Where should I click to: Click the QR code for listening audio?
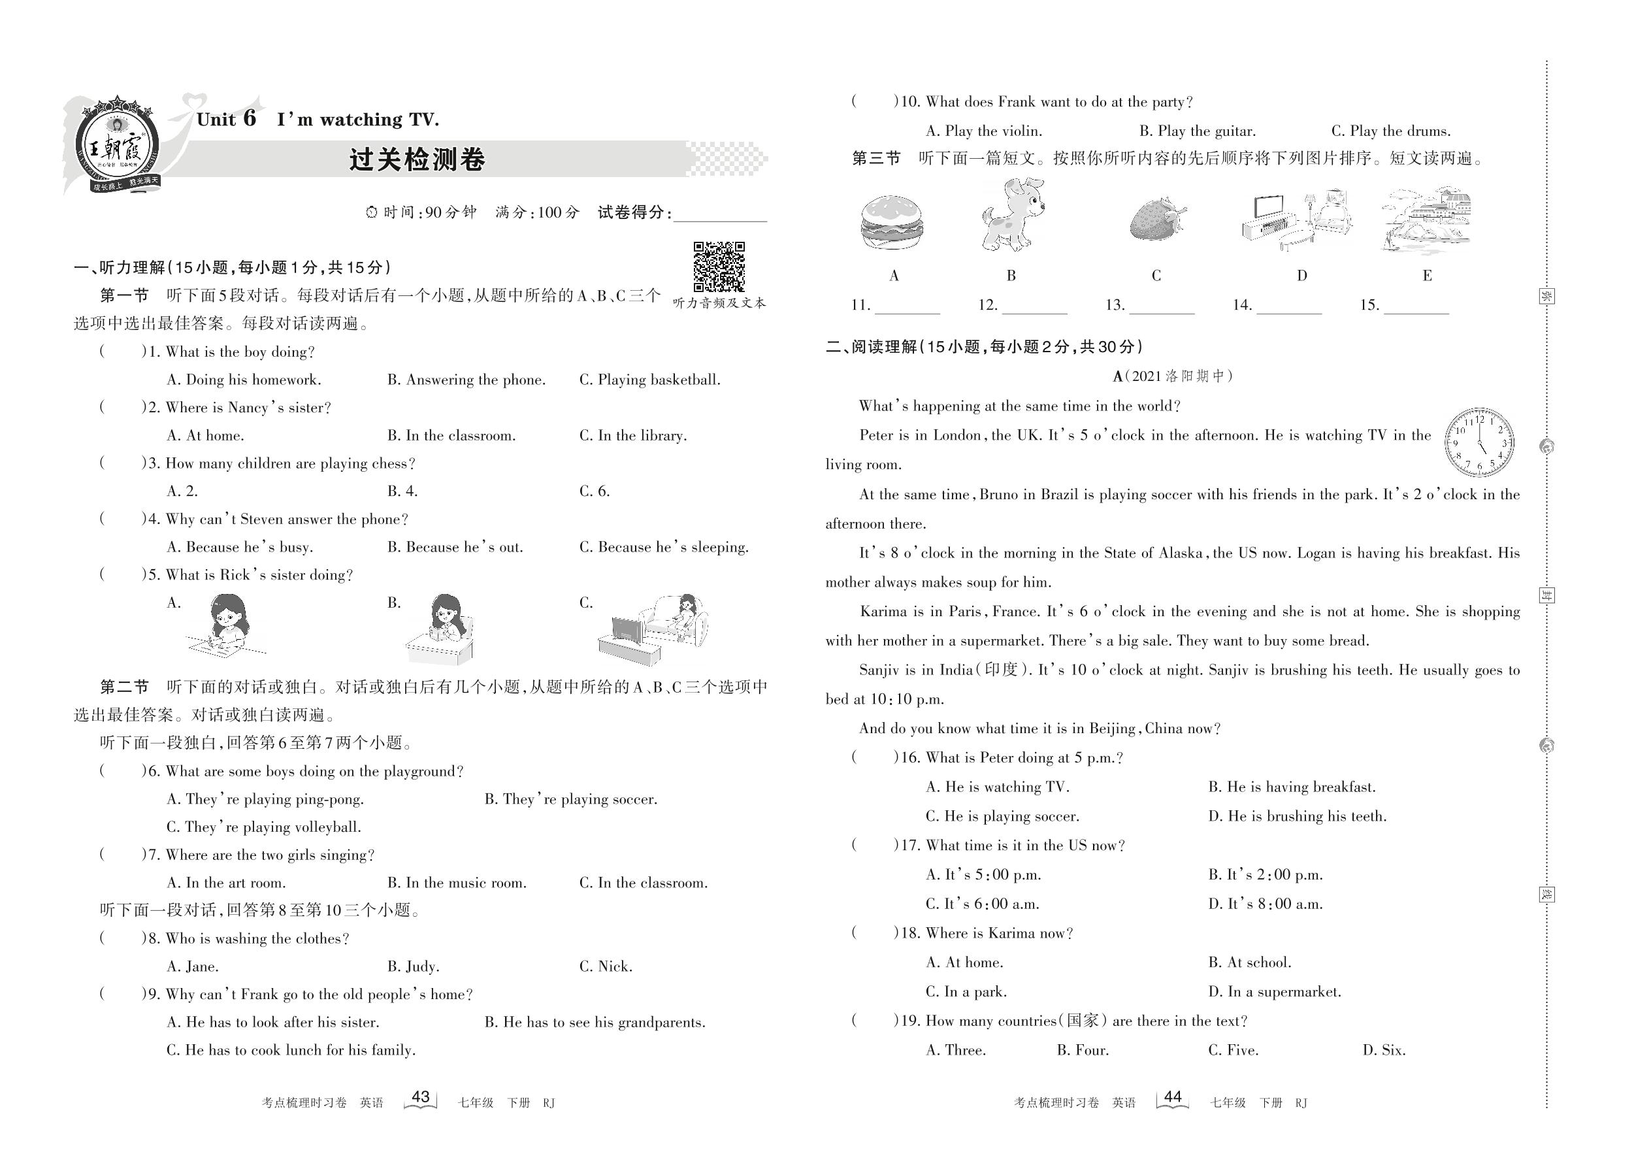pos(718,267)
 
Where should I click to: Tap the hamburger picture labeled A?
pos(892,223)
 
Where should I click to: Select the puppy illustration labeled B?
pos(1011,216)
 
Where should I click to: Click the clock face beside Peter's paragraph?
pos(1479,442)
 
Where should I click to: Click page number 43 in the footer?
pos(420,1097)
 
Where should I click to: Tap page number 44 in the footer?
pos(1172,1097)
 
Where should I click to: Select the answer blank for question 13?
pos(1161,306)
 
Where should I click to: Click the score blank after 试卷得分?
pos(720,213)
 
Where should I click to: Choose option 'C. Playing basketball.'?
pos(649,380)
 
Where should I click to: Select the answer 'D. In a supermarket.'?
pos(1275,992)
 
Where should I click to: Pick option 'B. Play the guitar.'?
pos(1197,131)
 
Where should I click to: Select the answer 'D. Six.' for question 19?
pos(1383,1050)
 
